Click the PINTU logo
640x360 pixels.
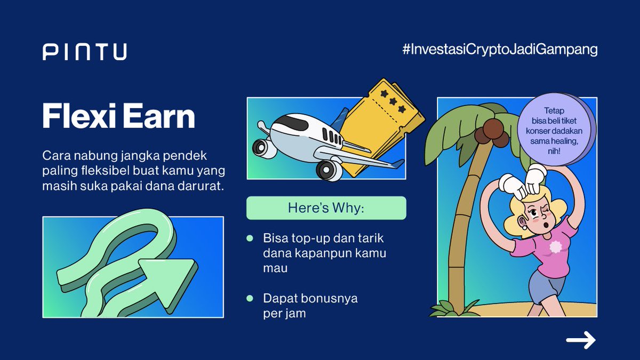(x=85, y=52)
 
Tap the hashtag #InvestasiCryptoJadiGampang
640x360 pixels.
(x=500, y=50)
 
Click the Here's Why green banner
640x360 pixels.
(x=326, y=208)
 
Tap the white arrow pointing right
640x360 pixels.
(x=581, y=340)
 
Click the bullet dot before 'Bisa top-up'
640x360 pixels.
(x=250, y=238)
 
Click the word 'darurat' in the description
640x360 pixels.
(x=202, y=188)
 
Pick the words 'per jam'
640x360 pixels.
(x=284, y=313)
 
